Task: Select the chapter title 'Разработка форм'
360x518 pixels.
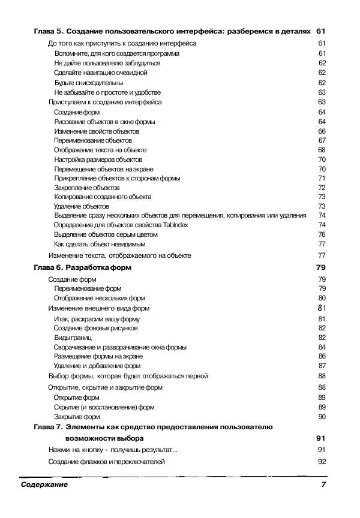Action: [x=98, y=267]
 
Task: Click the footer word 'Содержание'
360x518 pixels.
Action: [x=44, y=484]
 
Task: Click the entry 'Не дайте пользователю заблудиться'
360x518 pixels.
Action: [x=107, y=63]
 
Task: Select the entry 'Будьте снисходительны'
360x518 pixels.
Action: [x=88, y=83]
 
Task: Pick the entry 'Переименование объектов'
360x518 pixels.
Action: [x=92, y=140]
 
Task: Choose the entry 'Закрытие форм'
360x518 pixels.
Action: [x=77, y=416]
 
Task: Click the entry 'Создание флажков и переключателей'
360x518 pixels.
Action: [x=106, y=462]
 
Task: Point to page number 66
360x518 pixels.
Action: [x=322, y=131]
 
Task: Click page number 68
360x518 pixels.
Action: [x=322, y=150]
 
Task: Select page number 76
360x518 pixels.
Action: [x=322, y=234]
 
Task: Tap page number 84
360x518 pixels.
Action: [x=322, y=347]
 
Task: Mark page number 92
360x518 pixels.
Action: [x=321, y=462]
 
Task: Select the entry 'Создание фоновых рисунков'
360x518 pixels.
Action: [x=95, y=328]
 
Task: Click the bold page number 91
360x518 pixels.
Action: [x=320, y=438]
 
